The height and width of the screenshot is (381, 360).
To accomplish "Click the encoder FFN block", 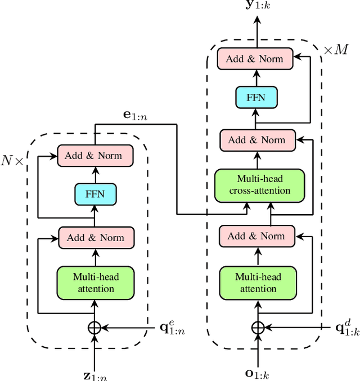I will pos(94,194).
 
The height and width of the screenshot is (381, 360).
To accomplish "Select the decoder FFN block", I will pos(255,97).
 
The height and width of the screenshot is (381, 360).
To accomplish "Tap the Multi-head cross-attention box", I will pos(259,184).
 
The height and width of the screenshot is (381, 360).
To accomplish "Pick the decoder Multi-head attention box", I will pos(258,282).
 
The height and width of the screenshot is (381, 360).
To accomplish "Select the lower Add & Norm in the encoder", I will pos(96,237).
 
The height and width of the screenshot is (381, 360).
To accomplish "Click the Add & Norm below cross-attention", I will pos(256,236).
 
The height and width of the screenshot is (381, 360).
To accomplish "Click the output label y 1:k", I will pos(258,7).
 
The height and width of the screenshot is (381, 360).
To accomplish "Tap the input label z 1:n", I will pos(94,374).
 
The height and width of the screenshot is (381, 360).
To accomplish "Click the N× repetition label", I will pos(12,160).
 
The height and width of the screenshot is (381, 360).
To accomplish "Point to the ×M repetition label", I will pos(336,50).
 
